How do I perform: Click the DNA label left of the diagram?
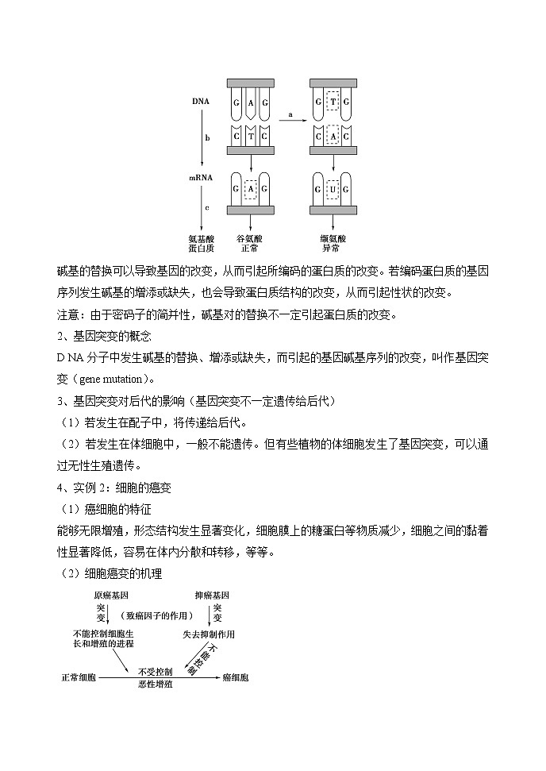click(201, 102)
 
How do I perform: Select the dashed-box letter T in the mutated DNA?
click(334, 102)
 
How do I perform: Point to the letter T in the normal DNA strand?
click(251, 137)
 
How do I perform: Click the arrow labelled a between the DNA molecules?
click(290, 121)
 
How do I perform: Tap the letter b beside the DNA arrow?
click(207, 137)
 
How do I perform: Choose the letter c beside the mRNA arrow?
click(207, 207)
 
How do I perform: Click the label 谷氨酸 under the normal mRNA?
click(250, 237)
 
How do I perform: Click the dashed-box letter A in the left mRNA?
click(251, 189)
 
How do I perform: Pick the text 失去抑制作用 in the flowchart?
click(210, 634)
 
